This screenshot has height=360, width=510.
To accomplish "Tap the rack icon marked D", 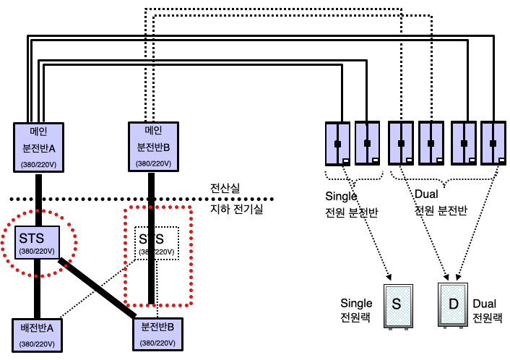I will (454, 304).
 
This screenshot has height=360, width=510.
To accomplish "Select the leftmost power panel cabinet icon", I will (337, 144).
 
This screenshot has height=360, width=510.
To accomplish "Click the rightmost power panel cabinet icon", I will (493, 144).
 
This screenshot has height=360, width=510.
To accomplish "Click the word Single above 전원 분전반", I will (342, 196).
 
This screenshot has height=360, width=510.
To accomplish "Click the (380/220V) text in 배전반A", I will (42, 343).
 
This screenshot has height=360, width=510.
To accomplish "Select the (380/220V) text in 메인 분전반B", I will (153, 163).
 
